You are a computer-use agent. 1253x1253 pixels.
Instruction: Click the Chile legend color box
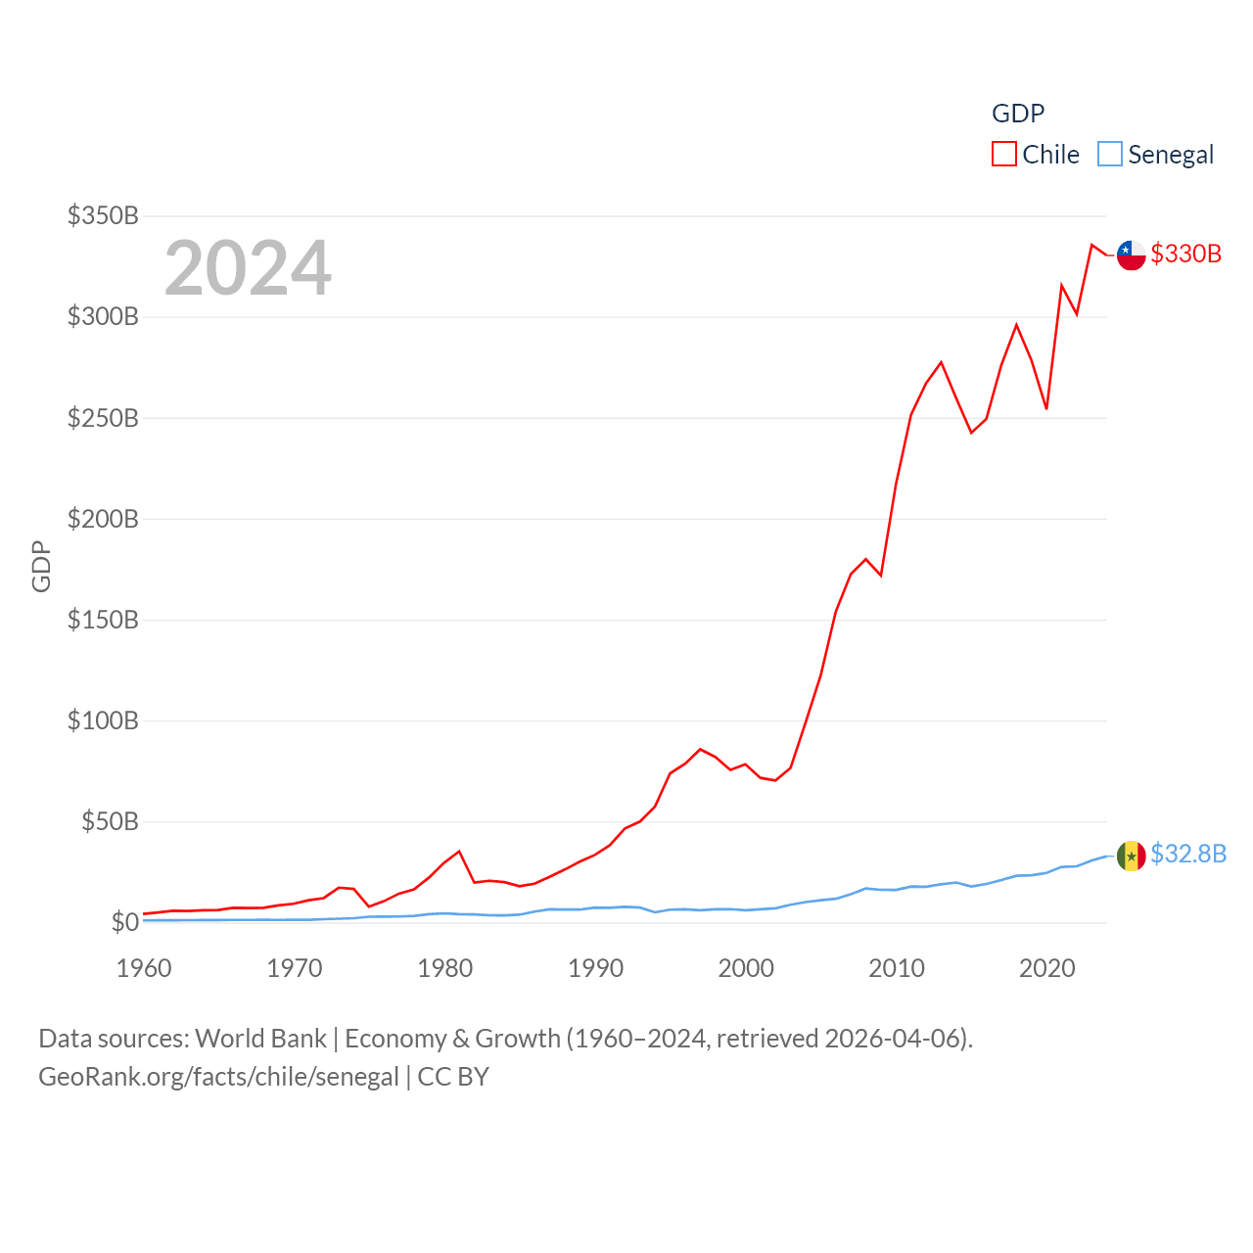pyautogui.click(x=1004, y=155)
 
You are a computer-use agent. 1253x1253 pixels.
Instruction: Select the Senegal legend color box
pyautogui.click(x=1109, y=155)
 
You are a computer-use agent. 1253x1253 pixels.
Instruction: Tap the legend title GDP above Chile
pyautogui.click(x=1018, y=114)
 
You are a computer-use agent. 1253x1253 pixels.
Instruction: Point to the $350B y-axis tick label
pyautogui.click(x=103, y=215)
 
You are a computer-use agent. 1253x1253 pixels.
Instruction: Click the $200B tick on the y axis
pyautogui.click(x=103, y=519)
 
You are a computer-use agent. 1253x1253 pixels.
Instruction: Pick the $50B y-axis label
pyautogui.click(x=110, y=821)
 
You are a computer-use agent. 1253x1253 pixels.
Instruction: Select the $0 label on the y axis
pyautogui.click(x=124, y=922)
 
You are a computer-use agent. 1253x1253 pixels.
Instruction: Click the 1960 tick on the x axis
pyautogui.click(x=144, y=968)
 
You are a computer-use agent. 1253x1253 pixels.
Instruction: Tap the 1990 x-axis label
pyautogui.click(x=595, y=968)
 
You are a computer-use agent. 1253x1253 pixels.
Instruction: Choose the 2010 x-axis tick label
pyautogui.click(x=897, y=968)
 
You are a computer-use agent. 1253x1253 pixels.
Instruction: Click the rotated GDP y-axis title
pyautogui.click(x=41, y=566)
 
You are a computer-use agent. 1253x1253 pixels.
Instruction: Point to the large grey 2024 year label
pyautogui.click(x=248, y=268)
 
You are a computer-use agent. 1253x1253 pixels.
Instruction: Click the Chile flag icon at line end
pyautogui.click(x=1131, y=255)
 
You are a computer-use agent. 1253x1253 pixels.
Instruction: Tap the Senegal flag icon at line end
pyautogui.click(x=1131, y=856)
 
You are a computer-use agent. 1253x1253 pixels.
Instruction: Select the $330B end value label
pyautogui.click(x=1185, y=254)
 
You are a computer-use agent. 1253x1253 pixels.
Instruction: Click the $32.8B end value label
pyautogui.click(x=1188, y=854)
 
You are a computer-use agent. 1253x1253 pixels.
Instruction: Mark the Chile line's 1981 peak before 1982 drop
pyautogui.click(x=459, y=852)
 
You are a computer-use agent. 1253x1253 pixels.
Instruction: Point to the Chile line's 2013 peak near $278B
pyautogui.click(x=941, y=362)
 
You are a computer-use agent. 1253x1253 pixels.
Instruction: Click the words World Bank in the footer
pyautogui.click(x=260, y=1038)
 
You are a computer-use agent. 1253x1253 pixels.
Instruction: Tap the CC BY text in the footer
pyautogui.click(x=453, y=1077)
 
